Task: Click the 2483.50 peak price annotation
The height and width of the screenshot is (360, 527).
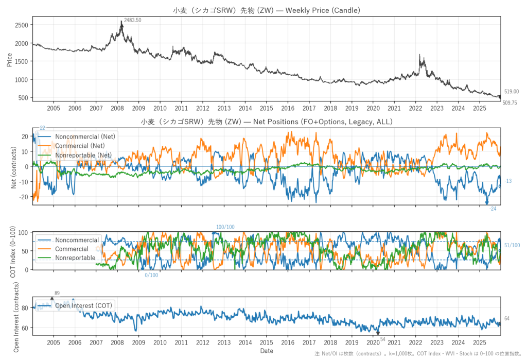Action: pyautogui.click(x=133, y=20)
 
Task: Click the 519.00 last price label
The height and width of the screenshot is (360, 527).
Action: pyautogui.click(x=511, y=91)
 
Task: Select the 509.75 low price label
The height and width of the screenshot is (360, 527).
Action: pyautogui.click(x=510, y=103)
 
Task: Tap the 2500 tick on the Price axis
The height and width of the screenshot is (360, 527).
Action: pyautogui.click(x=21, y=25)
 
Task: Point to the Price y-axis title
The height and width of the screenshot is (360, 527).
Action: pyautogui.click(x=9, y=59)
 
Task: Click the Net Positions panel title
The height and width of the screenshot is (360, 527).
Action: pyautogui.click(x=267, y=122)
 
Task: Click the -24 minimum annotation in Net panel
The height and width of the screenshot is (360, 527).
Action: pyautogui.click(x=493, y=208)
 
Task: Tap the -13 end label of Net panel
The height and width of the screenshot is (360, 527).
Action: pyautogui.click(x=508, y=181)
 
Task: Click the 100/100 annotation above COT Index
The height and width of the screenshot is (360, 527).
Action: pyautogui.click(x=225, y=227)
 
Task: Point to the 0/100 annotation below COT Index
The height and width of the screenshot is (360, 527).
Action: pyautogui.click(x=151, y=275)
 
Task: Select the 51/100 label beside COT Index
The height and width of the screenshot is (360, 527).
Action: pyautogui.click(x=512, y=246)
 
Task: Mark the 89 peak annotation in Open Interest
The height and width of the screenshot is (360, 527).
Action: pyautogui.click(x=57, y=294)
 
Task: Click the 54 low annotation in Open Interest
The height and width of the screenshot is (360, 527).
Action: pyautogui.click(x=382, y=337)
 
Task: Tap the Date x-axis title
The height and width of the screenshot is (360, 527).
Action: pyautogui.click(x=266, y=351)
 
